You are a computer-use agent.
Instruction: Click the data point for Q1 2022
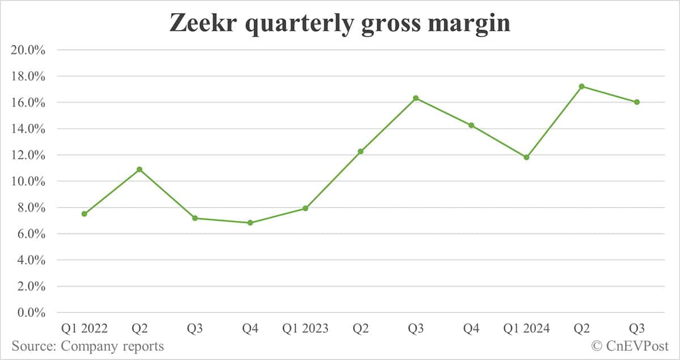click(84, 214)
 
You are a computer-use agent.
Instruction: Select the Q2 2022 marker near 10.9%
click(139, 170)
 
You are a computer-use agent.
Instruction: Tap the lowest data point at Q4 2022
click(250, 223)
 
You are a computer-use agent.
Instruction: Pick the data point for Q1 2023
click(305, 209)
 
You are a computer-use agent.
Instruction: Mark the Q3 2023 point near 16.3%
click(416, 98)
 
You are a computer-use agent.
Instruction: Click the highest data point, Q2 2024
click(582, 86)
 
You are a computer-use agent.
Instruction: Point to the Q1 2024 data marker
click(526, 157)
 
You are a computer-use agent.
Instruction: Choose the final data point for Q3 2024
click(637, 102)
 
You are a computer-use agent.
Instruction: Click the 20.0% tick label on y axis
click(28, 50)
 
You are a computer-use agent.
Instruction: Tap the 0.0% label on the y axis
click(31, 313)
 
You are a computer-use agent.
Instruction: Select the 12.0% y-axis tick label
click(28, 155)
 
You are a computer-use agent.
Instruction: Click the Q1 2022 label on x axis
click(84, 329)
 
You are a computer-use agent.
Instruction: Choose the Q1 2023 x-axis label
click(305, 329)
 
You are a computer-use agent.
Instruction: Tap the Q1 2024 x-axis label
click(526, 329)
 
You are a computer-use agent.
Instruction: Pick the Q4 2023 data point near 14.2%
click(471, 125)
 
